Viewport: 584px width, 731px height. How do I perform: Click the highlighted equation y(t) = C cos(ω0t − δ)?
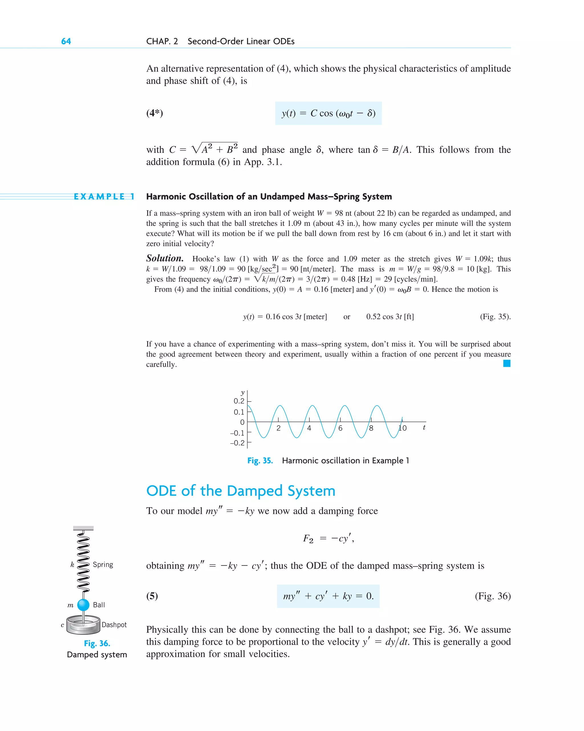[328, 113]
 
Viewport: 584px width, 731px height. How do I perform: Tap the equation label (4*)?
[155, 113]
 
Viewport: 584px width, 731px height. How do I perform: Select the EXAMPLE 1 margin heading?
[104, 197]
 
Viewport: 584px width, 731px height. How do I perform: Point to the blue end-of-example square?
[506, 363]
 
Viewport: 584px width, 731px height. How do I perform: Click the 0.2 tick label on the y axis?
[238, 401]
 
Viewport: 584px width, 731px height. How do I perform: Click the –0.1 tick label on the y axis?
[237, 433]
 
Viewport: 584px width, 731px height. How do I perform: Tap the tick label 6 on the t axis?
[340, 428]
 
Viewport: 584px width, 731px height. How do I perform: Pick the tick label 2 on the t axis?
[278, 428]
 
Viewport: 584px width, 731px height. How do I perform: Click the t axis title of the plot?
[424, 428]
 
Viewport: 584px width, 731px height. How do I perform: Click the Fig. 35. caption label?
[260, 460]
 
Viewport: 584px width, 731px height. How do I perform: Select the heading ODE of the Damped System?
[240, 491]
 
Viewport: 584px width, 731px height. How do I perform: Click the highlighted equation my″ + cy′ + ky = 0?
[328, 596]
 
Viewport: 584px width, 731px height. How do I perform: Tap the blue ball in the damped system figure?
[83, 605]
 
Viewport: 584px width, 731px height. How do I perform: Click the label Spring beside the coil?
[103, 565]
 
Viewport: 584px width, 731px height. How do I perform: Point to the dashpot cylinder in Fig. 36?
[83, 626]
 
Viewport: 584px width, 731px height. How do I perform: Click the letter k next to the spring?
[72, 565]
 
